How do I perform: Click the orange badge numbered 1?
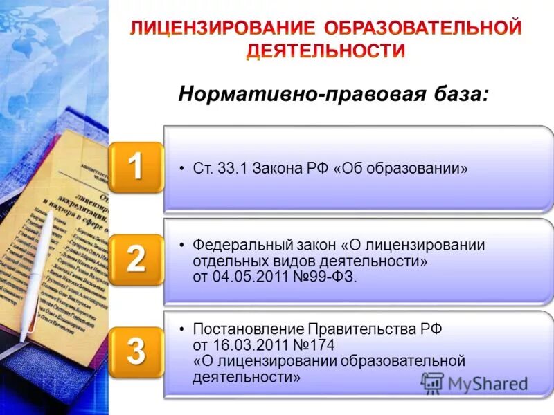tap(136, 167)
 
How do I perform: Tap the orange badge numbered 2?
tap(136, 259)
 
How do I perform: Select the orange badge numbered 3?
tap(136, 351)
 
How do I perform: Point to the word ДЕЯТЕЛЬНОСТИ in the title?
tap(325, 50)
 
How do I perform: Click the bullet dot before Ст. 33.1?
tap(181, 169)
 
